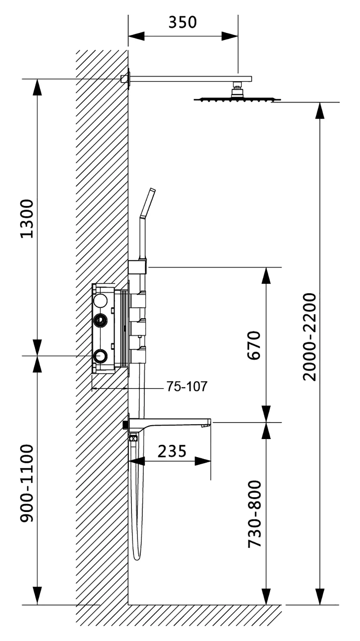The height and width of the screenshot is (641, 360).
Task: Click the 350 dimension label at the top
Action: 182,22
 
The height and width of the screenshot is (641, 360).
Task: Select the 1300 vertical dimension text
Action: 27,218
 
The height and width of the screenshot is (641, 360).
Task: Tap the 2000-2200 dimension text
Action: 309,337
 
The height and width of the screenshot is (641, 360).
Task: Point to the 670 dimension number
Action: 254,345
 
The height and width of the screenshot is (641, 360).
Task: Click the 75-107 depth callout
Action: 187,387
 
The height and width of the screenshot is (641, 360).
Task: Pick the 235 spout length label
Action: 172,452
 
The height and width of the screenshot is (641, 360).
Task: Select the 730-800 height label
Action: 255,514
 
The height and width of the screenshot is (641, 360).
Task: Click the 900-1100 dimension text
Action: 27,483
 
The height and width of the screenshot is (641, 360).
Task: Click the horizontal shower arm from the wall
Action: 188,79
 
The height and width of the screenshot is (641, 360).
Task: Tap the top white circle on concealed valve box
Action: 100,300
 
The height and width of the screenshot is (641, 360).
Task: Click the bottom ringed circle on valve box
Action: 100,356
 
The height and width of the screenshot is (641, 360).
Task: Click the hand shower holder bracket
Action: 138,267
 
